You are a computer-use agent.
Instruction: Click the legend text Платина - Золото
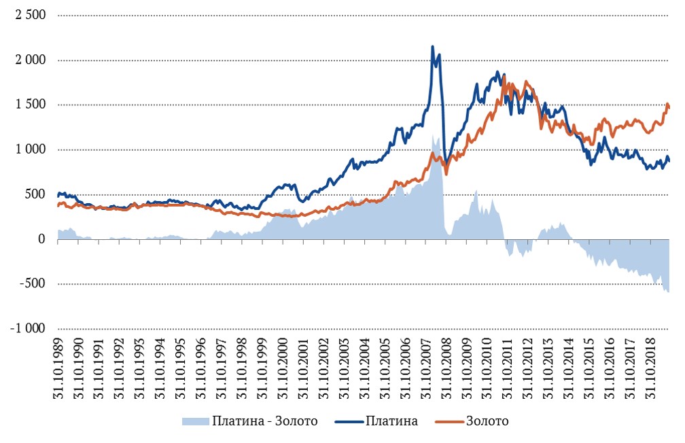[x=264, y=421]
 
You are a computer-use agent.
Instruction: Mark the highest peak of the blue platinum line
[x=433, y=46]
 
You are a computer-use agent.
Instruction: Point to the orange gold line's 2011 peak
[x=504, y=76]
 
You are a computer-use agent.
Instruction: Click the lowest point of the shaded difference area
[x=669, y=292]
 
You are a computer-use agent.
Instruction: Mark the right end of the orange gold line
[x=669, y=107]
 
